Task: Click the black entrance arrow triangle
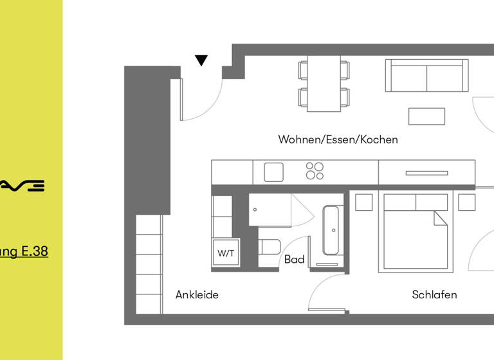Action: coord(201,60)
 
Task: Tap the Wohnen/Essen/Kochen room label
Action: coord(338,139)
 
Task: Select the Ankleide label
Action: coord(197,295)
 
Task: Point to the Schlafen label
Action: coord(434,295)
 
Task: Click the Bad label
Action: coord(295,260)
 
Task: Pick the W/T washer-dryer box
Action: coord(226,253)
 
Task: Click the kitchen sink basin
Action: coord(273,172)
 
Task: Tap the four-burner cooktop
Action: coord(315,171)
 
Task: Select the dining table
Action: coord(324,83)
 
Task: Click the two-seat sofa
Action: coord(426,76)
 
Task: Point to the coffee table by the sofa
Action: coord(426,116)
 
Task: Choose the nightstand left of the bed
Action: coord(363,202)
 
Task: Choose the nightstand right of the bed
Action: coord(467,202)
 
